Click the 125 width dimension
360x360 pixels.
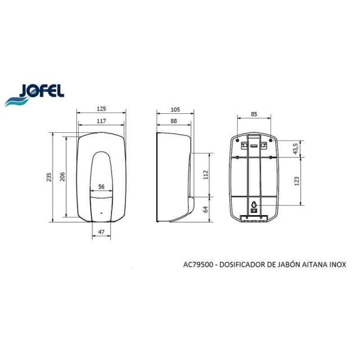[x=101, y=109]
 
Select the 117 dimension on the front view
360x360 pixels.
[x=101, y=122]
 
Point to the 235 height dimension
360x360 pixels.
[x=49, y=177]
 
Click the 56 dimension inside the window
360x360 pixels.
[x=101, y=187]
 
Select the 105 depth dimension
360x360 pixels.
[x=175, y=109]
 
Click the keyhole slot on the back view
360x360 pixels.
[x=255, y=202]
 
